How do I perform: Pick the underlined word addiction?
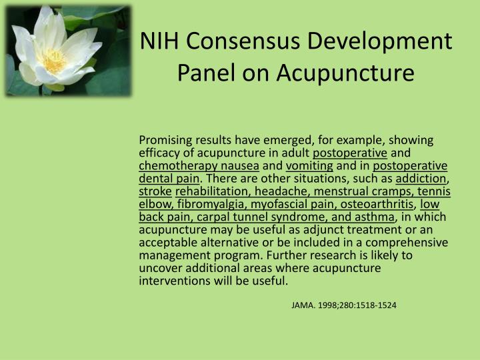[x=421, y=179]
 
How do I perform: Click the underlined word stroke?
[x=155, y=191]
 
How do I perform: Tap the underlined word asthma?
[x=377, y=217]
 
